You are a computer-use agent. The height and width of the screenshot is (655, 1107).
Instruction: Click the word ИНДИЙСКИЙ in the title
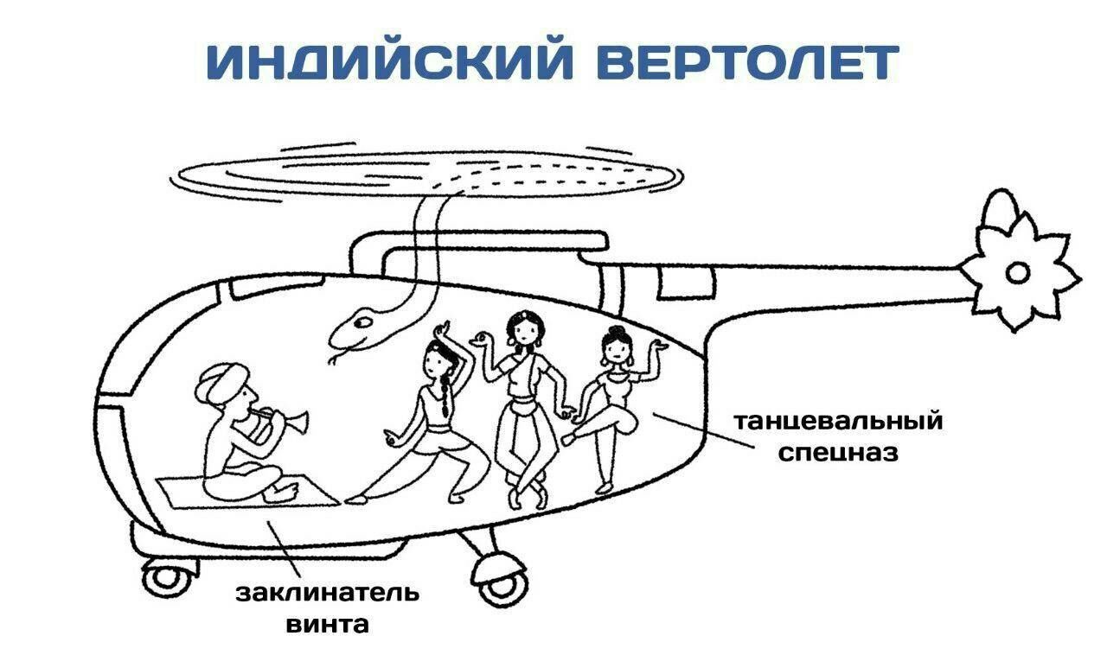(x=389, y=62)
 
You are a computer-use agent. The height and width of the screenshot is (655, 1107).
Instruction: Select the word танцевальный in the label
(x=838, y=422)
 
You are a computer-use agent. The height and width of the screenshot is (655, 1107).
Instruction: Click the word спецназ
(x=838, y=452)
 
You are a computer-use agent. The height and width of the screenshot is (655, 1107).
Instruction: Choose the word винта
(x=328, y=624)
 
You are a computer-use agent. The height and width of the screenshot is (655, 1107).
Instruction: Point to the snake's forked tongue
(x=336, y=357)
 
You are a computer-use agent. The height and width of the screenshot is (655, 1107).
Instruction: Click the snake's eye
(x=366, y=322)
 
